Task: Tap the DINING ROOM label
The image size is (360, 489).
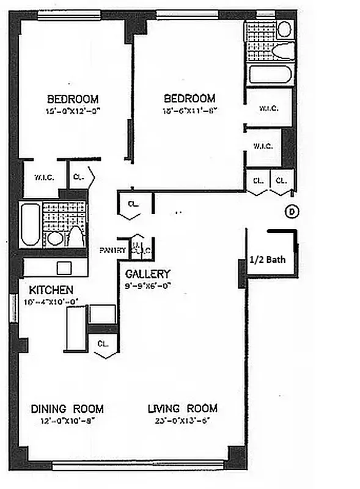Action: pos(67,409)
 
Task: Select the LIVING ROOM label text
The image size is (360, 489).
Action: pos(182,409)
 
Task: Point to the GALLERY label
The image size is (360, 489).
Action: pos(148,274)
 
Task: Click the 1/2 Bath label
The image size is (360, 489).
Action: pos(267,259)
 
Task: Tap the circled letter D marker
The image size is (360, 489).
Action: pos(292,211)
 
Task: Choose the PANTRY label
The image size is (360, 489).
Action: pos(112,251)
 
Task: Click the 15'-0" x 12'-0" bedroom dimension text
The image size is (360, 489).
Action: pos(73,111)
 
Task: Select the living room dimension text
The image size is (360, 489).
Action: pos(182,421)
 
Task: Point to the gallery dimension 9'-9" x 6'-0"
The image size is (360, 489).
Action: pos(148,285)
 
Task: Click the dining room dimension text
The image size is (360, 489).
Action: pos(67,421)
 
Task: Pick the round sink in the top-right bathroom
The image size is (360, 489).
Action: pos(285,29)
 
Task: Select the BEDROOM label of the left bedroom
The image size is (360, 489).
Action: pos(73,99)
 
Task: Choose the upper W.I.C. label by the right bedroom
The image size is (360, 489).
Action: pos(268,109)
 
